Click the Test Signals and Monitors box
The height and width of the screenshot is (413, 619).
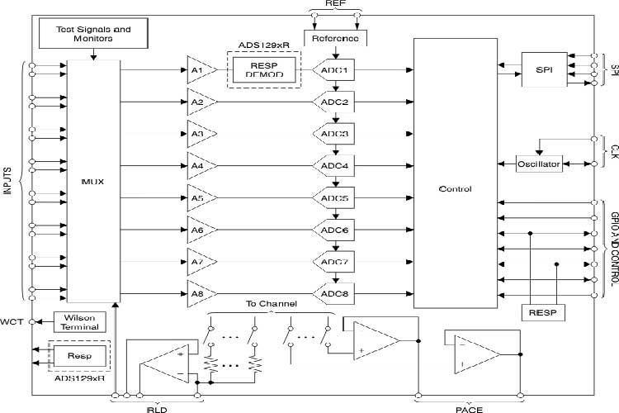coord(92,35)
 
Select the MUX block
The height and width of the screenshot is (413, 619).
coord(92,179)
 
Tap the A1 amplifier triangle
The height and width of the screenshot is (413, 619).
coord(199,70)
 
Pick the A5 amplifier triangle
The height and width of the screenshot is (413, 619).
coord(199,198)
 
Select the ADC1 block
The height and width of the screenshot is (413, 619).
coord(334,71)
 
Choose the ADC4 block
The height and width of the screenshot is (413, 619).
coord(334,166)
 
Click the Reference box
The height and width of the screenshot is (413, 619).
coord(335,38)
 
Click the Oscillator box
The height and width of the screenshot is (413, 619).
coord(539,164)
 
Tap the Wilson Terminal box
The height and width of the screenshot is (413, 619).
coord(80,321)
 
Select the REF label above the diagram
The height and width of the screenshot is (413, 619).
coord(334,5)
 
